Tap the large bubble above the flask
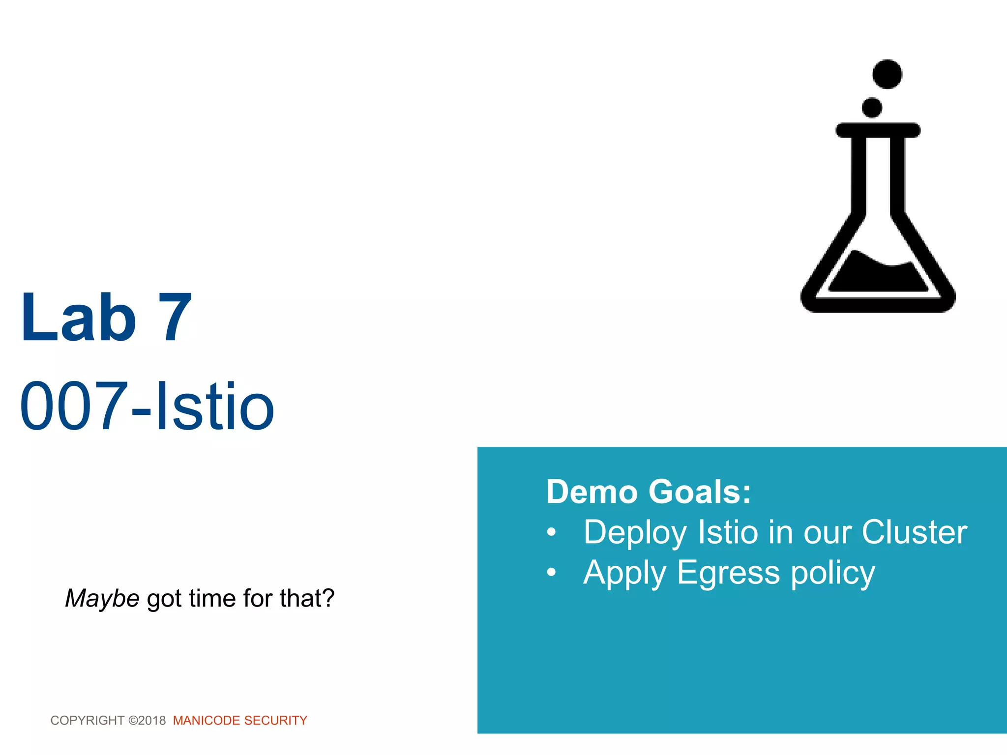887,74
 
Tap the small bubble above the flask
872,108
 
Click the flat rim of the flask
878,130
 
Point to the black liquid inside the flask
878,275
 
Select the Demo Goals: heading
649,492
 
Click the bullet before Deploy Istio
552,532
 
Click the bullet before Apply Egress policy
552,573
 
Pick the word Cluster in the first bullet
914,532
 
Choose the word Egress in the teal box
728,573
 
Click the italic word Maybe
102,599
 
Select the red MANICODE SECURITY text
240,721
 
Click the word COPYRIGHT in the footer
88,721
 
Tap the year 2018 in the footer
152,721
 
